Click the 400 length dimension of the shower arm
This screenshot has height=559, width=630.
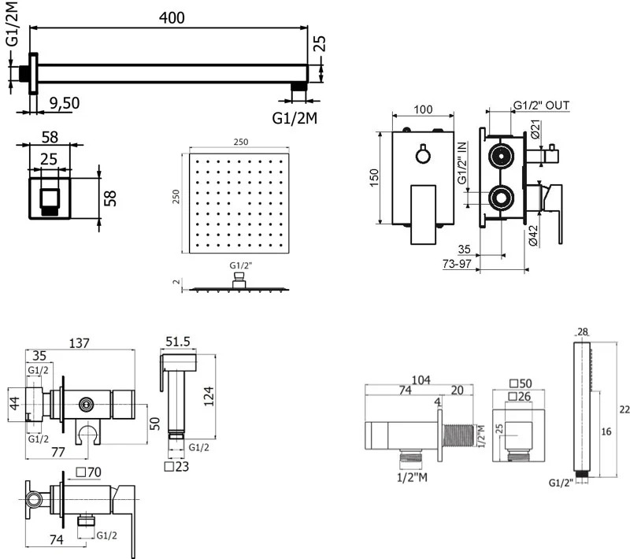click(x=172, y=17)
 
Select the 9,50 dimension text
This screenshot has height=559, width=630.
click(x=65, y=103)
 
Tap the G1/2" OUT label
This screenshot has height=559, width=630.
click(x=541, y=106)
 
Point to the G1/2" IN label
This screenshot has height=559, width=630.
click(x=462, y=163)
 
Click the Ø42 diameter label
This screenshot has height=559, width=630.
click(x=533, y=235)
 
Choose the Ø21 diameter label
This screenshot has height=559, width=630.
click(x=535, y=129)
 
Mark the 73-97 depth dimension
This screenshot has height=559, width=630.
click(x=457, y=264)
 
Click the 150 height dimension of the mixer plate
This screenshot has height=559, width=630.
click(x=374, y=177)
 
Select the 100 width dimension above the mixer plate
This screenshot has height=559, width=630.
click(x=423, y=109)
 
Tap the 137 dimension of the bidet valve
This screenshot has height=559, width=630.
click(x=80, y=343)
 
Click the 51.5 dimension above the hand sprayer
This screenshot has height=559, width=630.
click(x=178, y=342)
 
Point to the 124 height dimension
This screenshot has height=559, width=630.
click(x=209, y=396)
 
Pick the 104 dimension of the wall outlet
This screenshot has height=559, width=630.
click(x=421, y=379)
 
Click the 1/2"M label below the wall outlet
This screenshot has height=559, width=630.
click(x=412, y=477)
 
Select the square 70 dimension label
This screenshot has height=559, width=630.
click(x=89, y=472)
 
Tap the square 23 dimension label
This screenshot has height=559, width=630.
click(x=176, y=467)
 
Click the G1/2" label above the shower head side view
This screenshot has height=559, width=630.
click(x=241, y=265)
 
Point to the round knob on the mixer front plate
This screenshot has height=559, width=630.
click(x=423, y=155)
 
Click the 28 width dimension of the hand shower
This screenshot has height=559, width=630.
click(x=582, y=331)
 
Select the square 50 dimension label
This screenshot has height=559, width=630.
click(x=521, y=383)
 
